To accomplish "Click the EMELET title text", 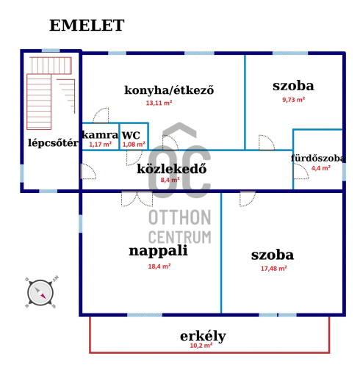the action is point(87,25).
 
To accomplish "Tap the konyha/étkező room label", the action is point(169,90).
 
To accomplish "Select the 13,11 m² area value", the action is point(159,103).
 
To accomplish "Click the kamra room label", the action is point(100,135).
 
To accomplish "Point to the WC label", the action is point(131,135).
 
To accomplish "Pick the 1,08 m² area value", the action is point(134,145).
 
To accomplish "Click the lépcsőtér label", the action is point(53,143).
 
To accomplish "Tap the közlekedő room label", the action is point(171,169).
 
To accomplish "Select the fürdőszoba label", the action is point(318,159).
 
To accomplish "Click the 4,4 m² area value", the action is point(321,168).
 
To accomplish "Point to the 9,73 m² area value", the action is point(293,100).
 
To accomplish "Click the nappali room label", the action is point(158,251).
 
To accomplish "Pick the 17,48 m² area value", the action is point(273,269).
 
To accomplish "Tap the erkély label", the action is point(203,336).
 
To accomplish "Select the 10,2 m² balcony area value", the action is point(201,346).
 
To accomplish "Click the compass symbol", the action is point(40,293).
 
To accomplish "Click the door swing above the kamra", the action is point(101,115).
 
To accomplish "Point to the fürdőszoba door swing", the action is point(301,172).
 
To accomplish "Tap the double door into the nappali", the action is point(137,199).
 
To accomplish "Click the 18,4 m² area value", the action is point(159,266).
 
